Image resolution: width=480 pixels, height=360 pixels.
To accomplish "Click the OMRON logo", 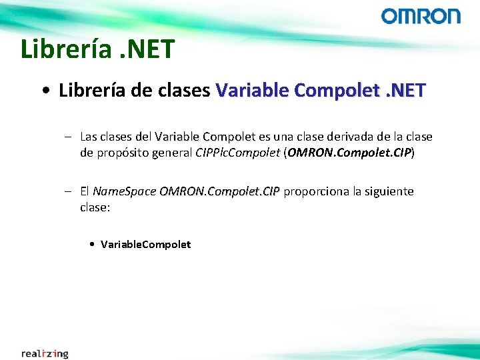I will (421, 16).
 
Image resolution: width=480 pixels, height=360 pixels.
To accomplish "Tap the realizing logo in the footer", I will (45, 353).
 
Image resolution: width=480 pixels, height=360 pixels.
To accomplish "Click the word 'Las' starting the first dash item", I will (88, 137).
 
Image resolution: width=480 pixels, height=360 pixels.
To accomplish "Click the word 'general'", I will (173, 153).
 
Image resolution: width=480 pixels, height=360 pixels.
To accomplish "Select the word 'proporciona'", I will (316, 191).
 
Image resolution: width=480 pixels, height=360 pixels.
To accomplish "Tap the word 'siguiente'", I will (389, 191).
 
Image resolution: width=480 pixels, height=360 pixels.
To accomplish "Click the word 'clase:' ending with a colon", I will (95, 207).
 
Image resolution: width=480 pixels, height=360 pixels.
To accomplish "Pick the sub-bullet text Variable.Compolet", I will (145, 245).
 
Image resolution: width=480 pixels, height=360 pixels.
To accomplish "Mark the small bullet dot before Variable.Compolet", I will (91, 245).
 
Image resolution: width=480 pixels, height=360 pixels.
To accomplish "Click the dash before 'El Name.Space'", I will (69, 191).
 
